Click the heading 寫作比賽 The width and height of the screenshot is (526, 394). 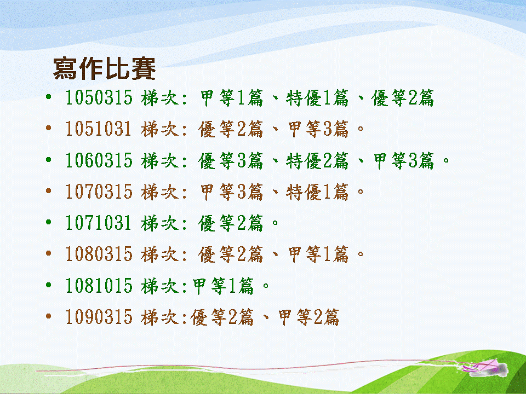(x=104, y=69)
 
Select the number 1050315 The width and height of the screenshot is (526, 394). (x=99, y=97)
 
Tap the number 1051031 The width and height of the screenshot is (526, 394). (x=98, y=129)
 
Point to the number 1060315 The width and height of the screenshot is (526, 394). (x=99, y=160)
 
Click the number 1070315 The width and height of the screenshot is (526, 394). (x=99, y=192)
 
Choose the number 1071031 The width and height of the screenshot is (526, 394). (x=98, y=223)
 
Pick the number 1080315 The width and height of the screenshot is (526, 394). (x=99, y=254)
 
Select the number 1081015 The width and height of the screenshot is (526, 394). (x=99, y=286)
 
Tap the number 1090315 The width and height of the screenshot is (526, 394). (x=99, y=317)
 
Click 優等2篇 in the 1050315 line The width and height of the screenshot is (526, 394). (x=403, y=98)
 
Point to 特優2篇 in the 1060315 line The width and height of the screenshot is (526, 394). (x=317, y=160)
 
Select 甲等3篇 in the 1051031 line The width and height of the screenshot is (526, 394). (x=318, y=129)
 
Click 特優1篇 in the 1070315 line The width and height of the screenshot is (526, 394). (x=317, y=192)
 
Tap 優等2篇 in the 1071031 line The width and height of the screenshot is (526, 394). (x=231, y=223)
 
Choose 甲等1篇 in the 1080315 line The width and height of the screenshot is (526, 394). (x=318, y=254)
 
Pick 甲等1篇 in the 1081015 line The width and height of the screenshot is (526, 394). (x=224, y=286)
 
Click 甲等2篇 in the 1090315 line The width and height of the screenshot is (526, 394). (x=308, y=317)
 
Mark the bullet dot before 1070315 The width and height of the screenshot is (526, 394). (x=49, y=191)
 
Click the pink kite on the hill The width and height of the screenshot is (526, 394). (x=485, y=368)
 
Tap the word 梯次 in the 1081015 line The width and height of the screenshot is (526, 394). (x=160, y=286)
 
